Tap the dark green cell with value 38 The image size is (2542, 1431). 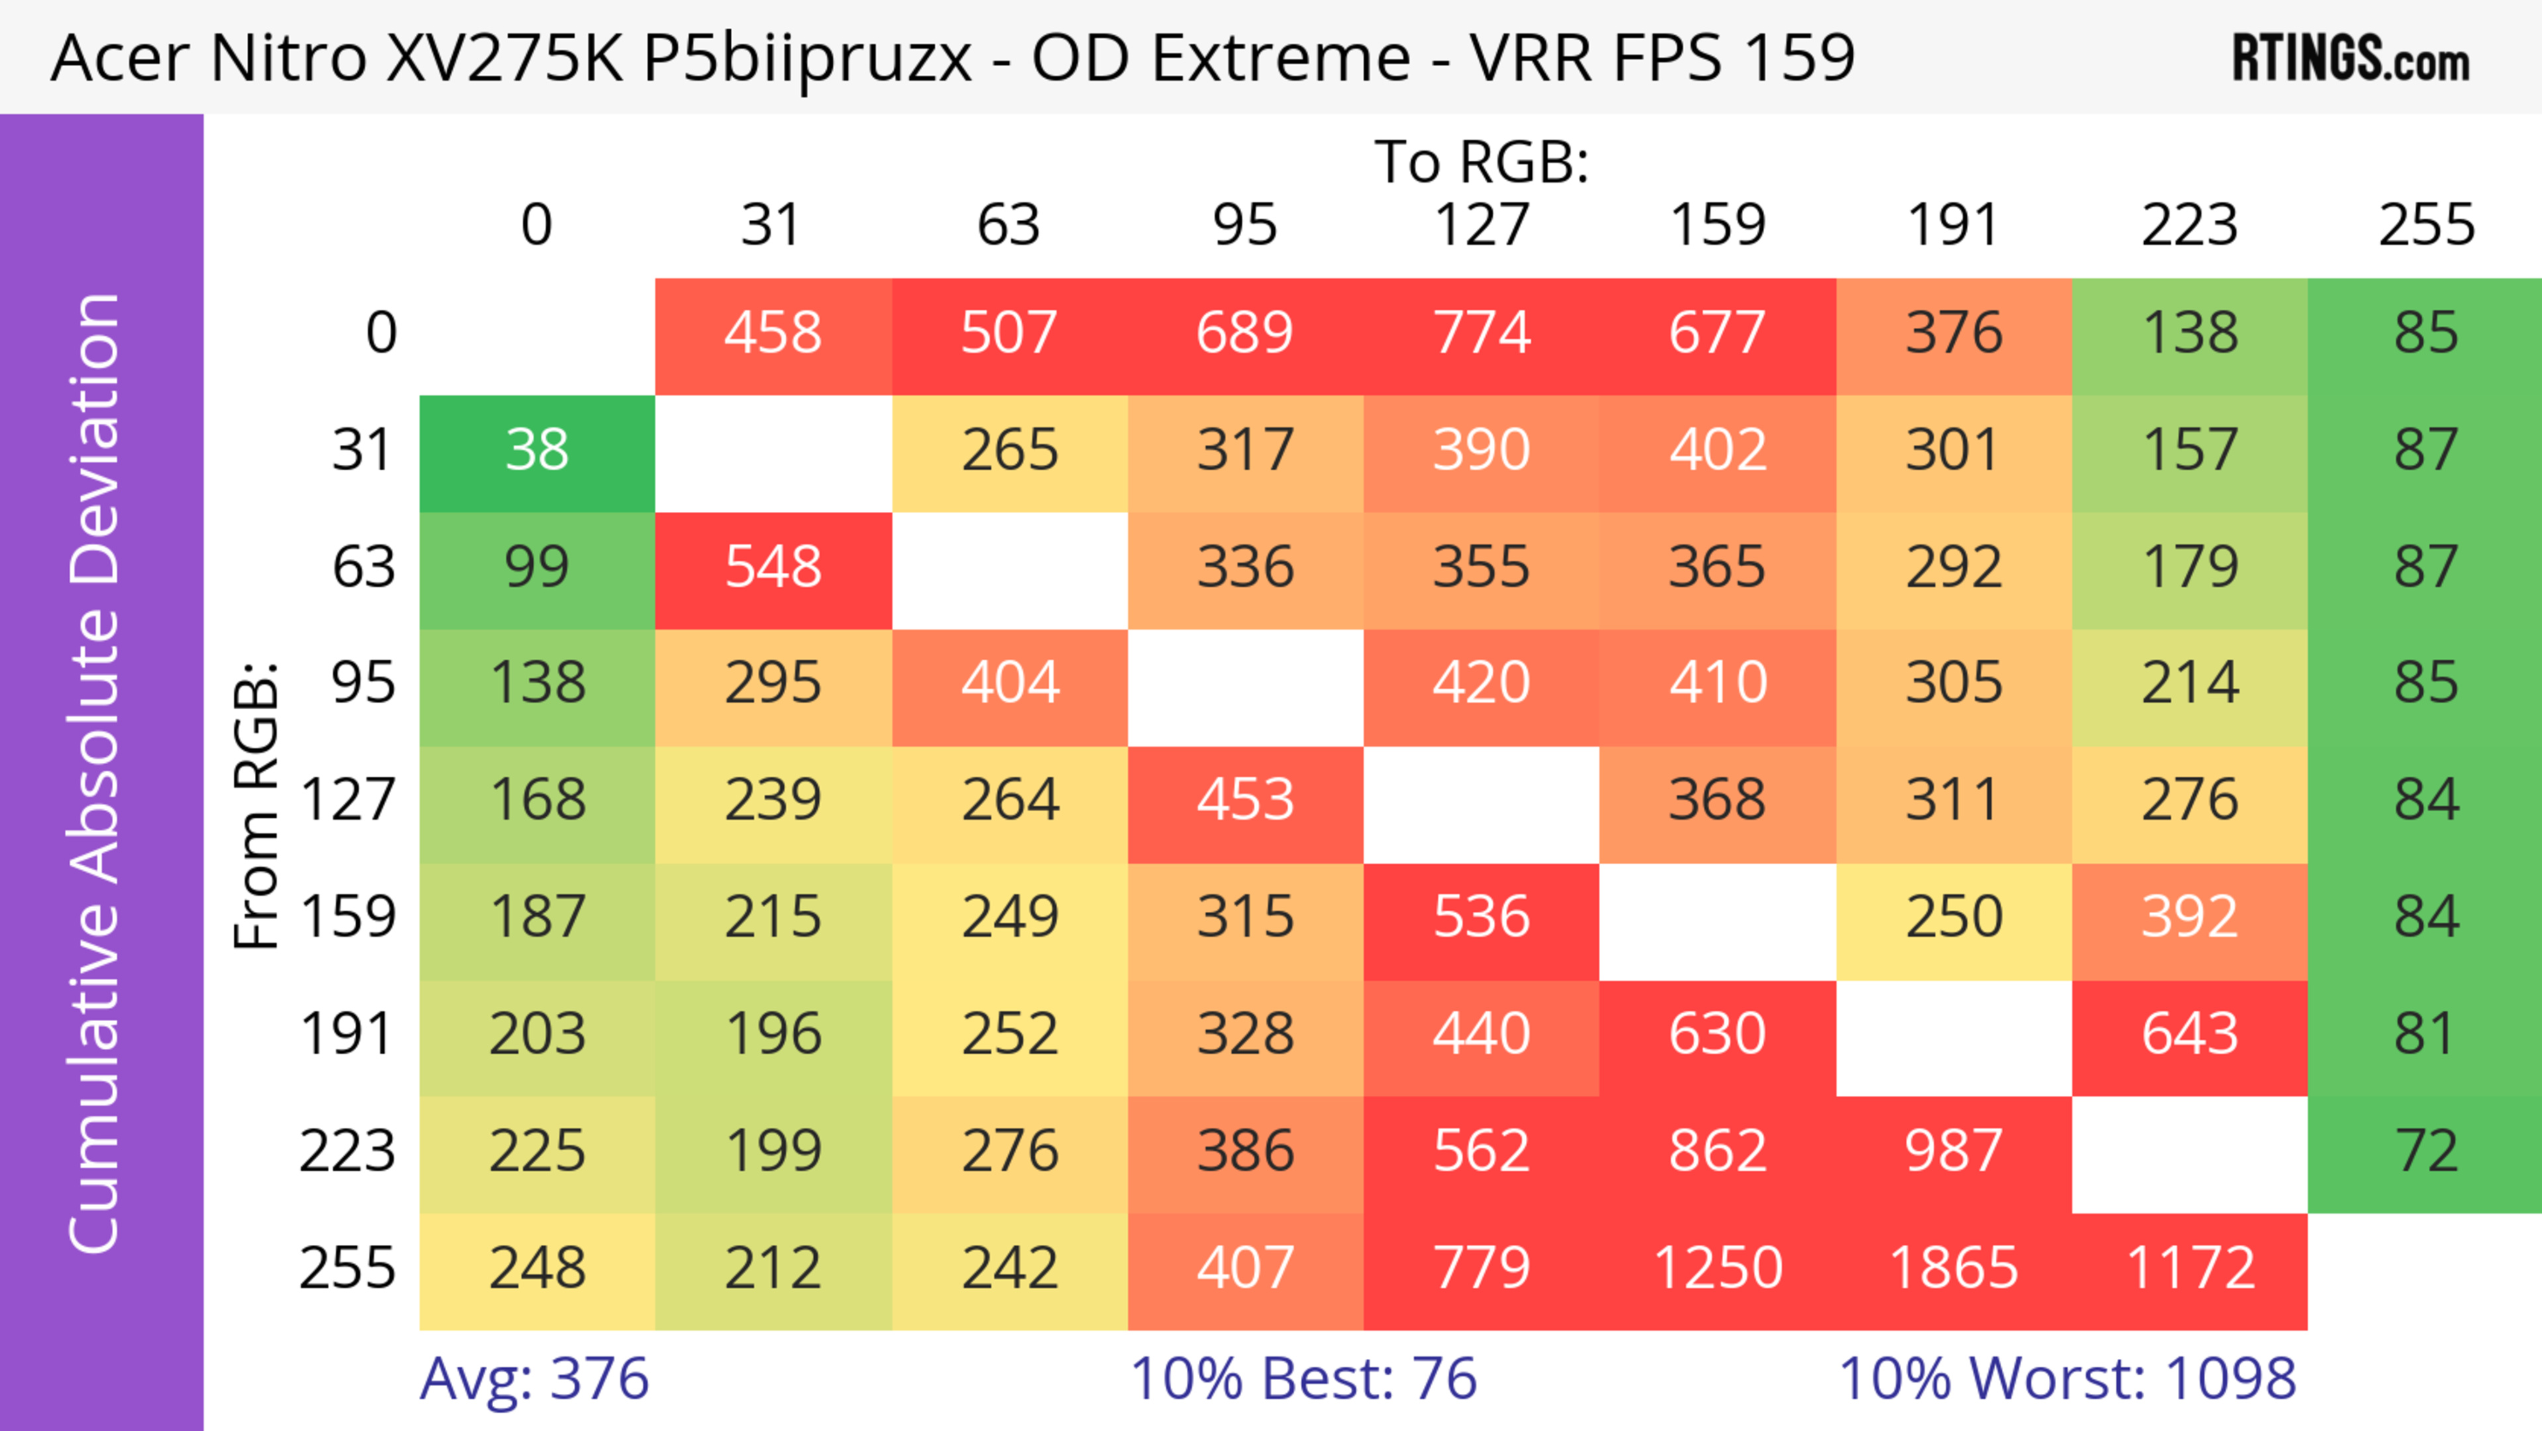pos(537,450)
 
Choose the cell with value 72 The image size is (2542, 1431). pos(2425,1152)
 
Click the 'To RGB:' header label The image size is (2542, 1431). pos(1482,163)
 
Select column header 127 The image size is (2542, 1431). pos(1482,225)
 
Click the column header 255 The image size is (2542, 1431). pos(2425,225)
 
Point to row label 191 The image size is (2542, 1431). pos(348,1034)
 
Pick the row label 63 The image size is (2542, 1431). pos(363,567)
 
